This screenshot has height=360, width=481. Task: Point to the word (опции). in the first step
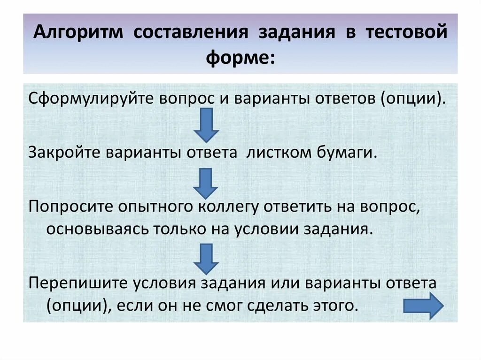click(x=412, y=100)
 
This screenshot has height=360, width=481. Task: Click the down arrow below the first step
click(x=206, y=125)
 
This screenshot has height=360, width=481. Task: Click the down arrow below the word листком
click(x=206, y=184)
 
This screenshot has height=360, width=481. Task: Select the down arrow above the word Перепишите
click(x=206, y=259)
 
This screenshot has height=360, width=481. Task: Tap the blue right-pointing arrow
click(x=424, y=306)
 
